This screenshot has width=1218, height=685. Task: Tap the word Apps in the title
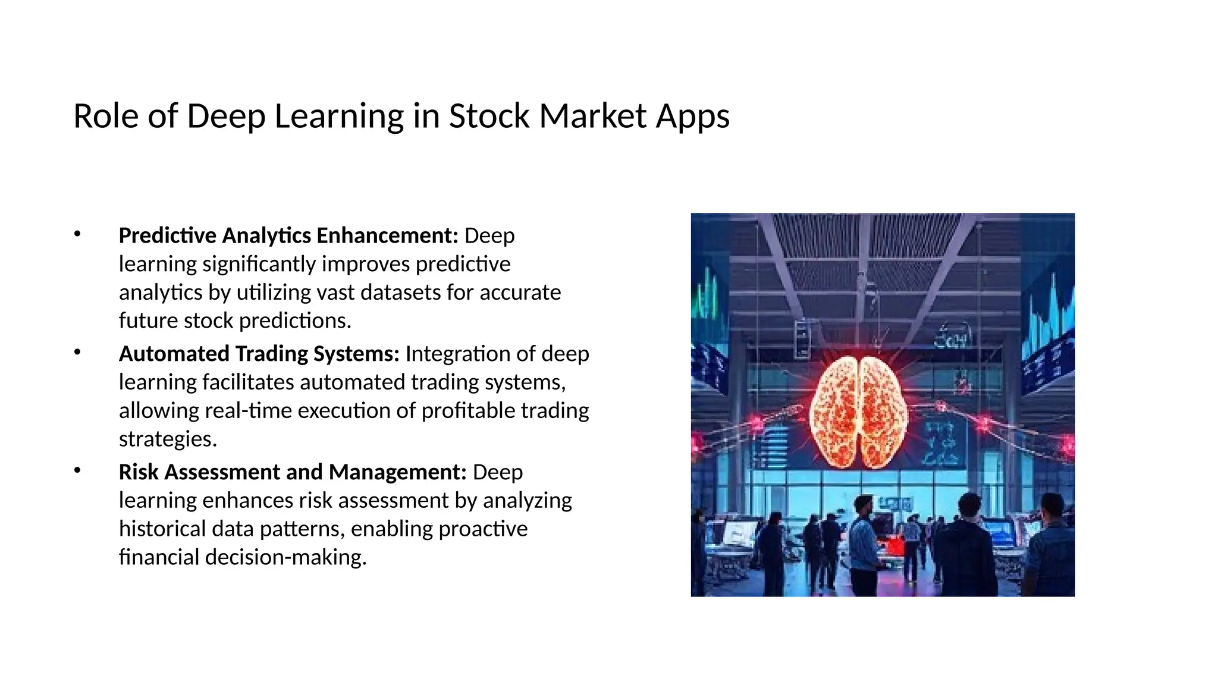coord(693,117)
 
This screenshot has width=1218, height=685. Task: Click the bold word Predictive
coord(167,235)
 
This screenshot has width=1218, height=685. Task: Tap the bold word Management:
coord(397,472)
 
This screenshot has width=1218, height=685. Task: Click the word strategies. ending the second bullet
coord(168,439)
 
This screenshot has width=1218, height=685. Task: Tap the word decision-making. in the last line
coord(285,557)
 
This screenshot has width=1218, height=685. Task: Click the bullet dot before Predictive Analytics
coord(77,234)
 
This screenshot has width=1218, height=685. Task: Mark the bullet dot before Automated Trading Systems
coord(77,353)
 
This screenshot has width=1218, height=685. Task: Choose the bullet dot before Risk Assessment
coord(77,471)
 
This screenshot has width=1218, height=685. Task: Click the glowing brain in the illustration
coord(859,410)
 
